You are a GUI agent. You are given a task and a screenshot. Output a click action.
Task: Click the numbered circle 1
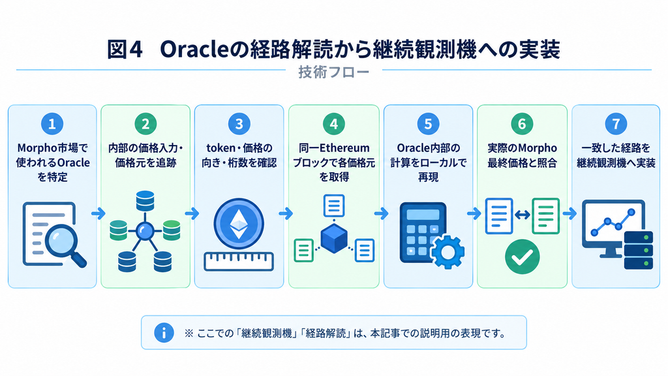pyautogui.click(x=52, y=124)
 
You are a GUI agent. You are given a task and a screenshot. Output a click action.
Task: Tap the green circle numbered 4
pyautogui.click(x=333, y=124)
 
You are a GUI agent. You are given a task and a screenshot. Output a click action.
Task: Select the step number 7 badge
pyautogui.click(x=616, y=124)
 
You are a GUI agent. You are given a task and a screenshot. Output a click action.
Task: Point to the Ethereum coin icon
pyautogui.click(x=239, y=224)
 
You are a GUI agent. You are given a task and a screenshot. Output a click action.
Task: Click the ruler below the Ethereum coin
pyautogui.click(x=239, y=261)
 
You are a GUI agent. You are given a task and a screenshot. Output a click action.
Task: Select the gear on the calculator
pyautogui.click(x=448, y=252)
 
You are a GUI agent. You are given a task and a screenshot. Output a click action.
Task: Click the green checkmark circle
pyautogui.click(x=522, y=257)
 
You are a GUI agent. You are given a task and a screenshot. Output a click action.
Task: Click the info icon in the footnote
pyautogui.click(x=164, y=332)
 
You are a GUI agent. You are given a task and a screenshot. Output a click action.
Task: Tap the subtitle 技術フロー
pyautogui.click(x=333, y=72)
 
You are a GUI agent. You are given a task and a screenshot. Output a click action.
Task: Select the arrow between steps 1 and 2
pyautogui.click(x=99, y=213)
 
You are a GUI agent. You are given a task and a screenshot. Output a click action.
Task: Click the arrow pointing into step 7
pyautogui.click(x=569, y=213)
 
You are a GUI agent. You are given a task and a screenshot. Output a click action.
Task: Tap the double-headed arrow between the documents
pyautogui.click(x=523, y=215)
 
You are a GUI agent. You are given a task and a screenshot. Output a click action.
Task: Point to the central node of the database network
pyautogui.click(x=144, y=231)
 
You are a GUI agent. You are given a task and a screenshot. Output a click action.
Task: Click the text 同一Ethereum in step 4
pyautogui.click(x=334, y=148)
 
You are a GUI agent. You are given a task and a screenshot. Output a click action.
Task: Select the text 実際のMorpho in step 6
pyautogui.click(x=523, y=148)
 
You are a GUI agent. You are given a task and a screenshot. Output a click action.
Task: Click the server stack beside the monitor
pyautogui.click(x=638, y=250)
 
